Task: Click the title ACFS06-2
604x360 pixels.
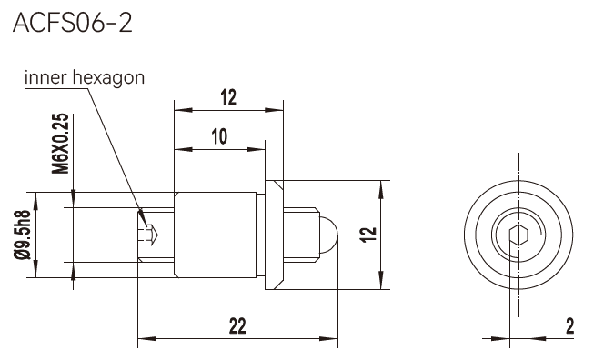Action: (x=73, y=23)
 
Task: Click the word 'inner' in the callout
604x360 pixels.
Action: (x=45, y=77)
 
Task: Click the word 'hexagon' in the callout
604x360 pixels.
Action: (x=108, y=78)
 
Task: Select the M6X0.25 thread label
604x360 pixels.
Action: (x=60, y=144)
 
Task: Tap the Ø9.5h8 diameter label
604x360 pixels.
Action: (x=22, y=235)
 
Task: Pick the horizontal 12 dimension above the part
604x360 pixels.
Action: (x=228, y=97)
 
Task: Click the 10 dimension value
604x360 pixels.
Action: (x=219, y=136)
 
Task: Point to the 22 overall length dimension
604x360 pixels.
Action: (x=237, y=326)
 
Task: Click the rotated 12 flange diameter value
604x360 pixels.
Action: (x=368, y=235)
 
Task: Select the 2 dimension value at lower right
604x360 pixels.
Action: (x=569, y=325)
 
